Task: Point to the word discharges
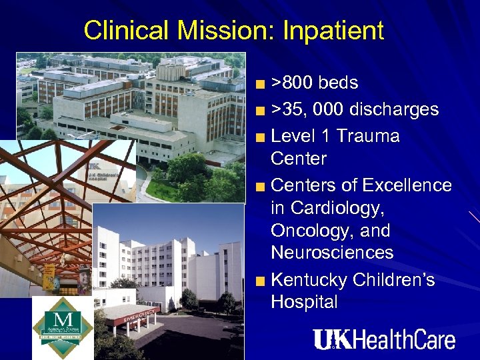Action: click(390, 109)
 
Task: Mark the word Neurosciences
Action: click(332, 253)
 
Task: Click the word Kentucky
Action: click(312, 279)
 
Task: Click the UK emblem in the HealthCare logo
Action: click(331, 339)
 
